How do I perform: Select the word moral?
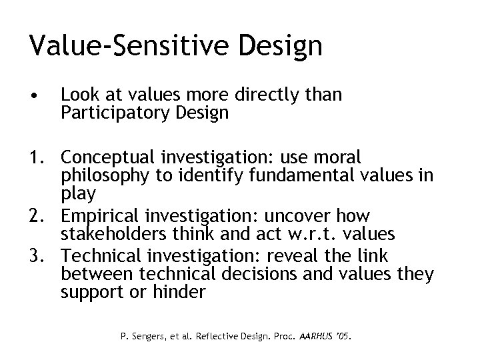point(336,158)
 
